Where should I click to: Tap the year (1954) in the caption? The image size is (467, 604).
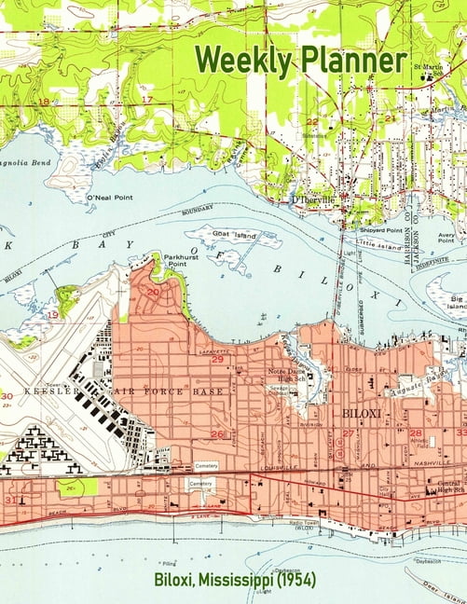tap(295, 580)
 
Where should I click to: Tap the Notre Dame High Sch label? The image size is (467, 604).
tap(276, 376)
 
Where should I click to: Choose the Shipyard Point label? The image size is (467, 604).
tap(381, 229)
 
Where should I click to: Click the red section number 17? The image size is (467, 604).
tap(146, 99)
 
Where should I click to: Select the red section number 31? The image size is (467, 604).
tap(8, 500)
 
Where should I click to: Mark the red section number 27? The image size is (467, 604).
tap(348, 433)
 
